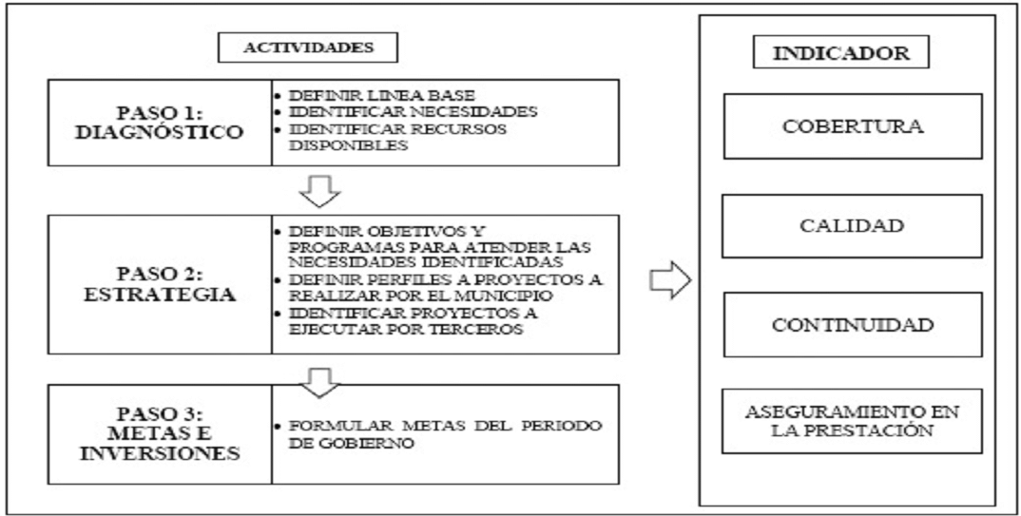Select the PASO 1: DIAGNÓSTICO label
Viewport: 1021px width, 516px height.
pos(160,123)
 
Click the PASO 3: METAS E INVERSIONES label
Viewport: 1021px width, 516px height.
pos(160,434)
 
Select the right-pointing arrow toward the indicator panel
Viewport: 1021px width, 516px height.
pos(667,281)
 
